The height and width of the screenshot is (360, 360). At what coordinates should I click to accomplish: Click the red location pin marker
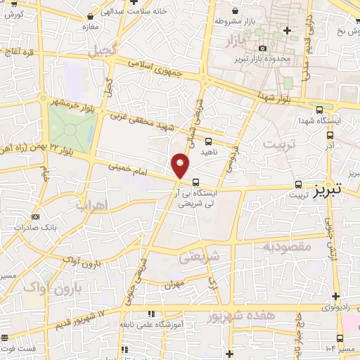[x=181, y=165]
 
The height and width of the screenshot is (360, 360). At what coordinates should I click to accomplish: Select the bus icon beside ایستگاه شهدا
[x=321, y=110]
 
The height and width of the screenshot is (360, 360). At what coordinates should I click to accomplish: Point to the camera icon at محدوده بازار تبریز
[x=262, y=47]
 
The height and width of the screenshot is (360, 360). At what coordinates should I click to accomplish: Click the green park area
[x=70, y=127]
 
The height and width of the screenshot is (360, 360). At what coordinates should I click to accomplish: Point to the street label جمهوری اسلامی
[x=155, y=67]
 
